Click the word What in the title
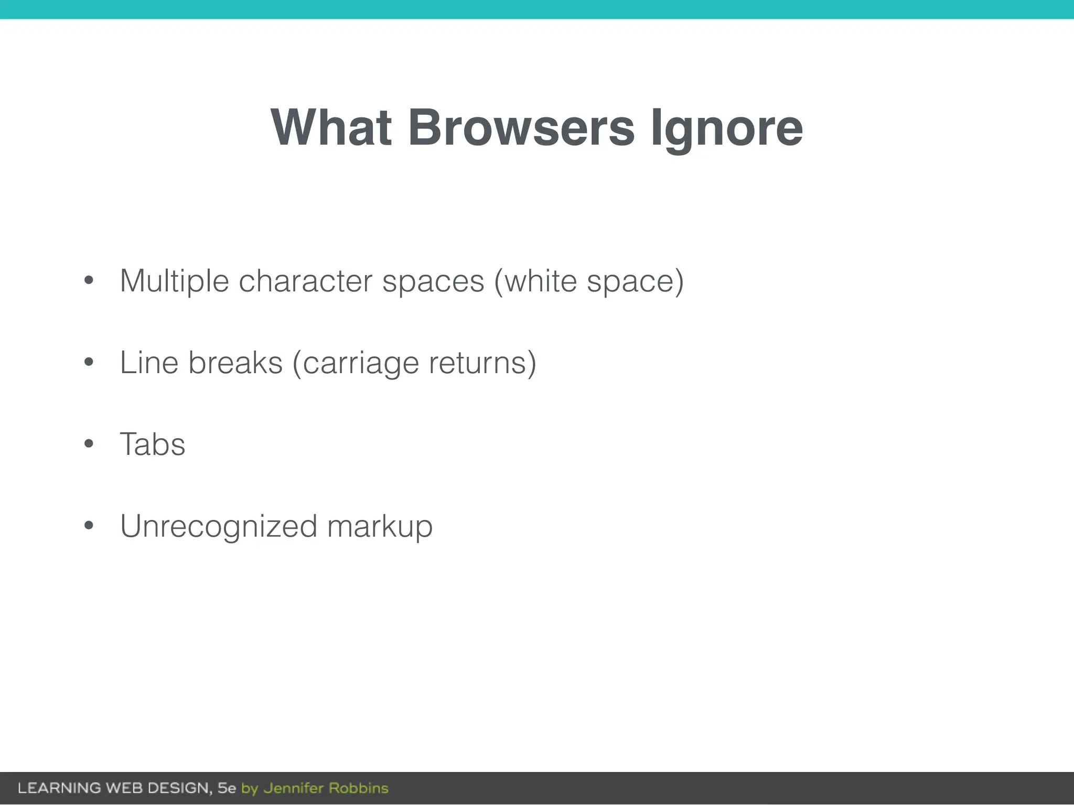tap(331, 127)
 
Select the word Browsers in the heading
tap(521, 127)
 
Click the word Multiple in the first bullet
tap(174, 281)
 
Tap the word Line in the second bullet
tap(149, 363)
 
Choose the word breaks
tap(235, 363)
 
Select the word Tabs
tap(153, 444)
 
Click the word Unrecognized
tap(219, 526)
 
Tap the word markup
tap(380, 527)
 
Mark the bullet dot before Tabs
tap(89, 444)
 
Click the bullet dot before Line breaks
tap(89, 362)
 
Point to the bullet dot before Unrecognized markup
tap(89, 526)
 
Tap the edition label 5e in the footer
tap(227, 788)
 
